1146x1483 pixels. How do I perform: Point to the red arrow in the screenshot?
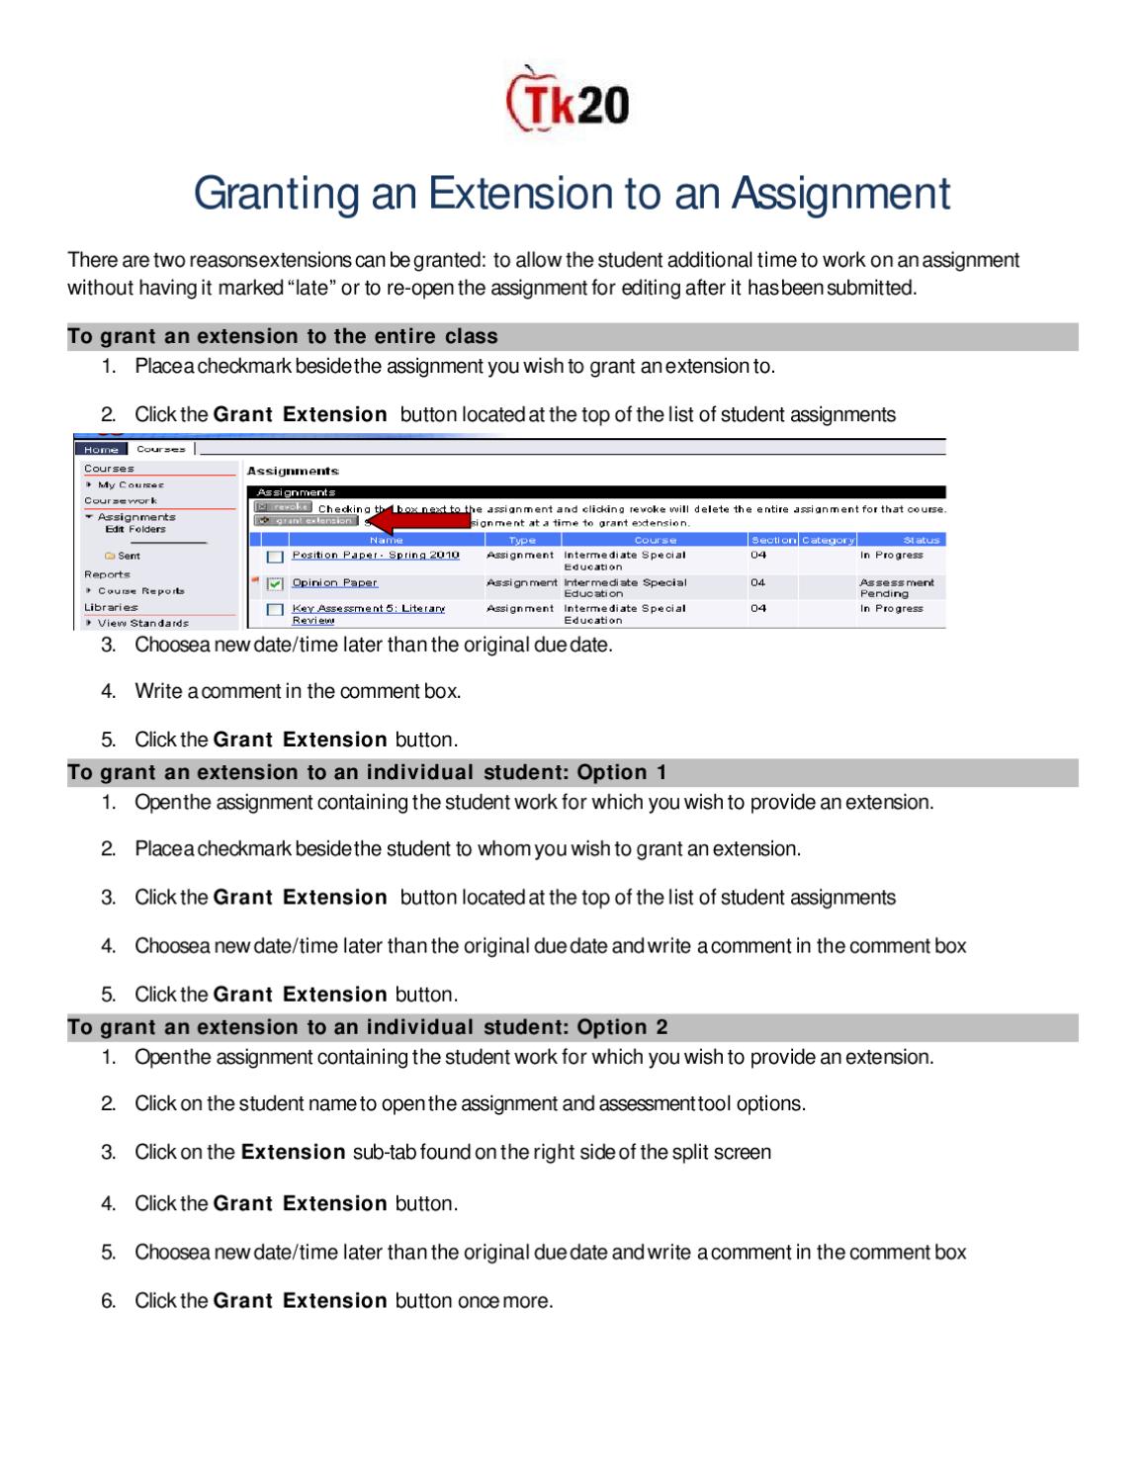coord(422,521)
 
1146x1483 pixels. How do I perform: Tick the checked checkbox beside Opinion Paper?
coord(276,583)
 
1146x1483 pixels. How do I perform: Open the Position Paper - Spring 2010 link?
coord(375,555)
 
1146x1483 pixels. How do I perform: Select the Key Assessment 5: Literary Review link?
coord(368,609)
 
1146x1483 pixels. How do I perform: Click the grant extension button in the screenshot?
coord(306,520)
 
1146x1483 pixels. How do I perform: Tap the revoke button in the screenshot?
coord(283,507)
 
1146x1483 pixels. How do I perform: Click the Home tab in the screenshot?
coord(101,449)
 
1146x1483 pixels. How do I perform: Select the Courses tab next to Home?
coord(160,449)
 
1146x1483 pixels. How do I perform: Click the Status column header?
coord(920,540)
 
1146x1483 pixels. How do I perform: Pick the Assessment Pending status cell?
coord(896,588)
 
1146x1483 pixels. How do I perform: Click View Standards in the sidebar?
coord(142,623)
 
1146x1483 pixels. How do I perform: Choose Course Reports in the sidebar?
coord(140,590)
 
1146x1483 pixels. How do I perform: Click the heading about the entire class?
coord(283,337)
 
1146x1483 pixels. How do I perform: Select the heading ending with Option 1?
coord(367,772)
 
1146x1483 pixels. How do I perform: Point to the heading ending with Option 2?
coord(367,1027)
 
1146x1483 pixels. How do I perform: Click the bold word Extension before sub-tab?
coord(293,1152)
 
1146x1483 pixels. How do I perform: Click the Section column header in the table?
coord(772,540)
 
